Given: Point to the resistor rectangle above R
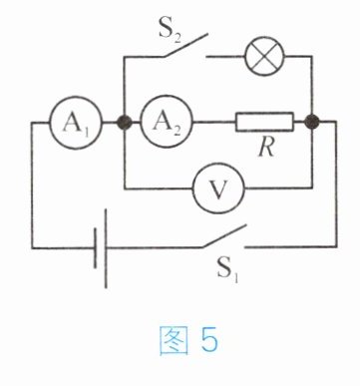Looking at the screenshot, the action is [x=264, y=122].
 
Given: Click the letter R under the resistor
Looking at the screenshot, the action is [x=266, y=148].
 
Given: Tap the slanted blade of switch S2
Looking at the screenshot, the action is [x=184, y=45].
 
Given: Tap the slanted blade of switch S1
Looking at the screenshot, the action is [x=223, y=236].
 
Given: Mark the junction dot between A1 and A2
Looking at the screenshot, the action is [x=125, y=123].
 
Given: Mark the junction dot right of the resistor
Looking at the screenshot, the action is [x=312, y=122].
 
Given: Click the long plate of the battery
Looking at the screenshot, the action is [x=106, y=248].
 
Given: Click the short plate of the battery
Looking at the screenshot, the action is [x=96, y=248].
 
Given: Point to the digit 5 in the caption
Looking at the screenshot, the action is [x=209, y=339].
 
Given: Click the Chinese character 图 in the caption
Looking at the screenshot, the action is [x=175, y=340].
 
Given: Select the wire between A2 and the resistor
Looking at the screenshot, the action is [x=214, y=123].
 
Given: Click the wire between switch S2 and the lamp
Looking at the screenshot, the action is [x=225, y=57].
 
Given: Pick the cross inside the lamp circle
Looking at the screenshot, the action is [x=264, y=57].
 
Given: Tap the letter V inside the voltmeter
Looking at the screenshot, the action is [x=218, y=190].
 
